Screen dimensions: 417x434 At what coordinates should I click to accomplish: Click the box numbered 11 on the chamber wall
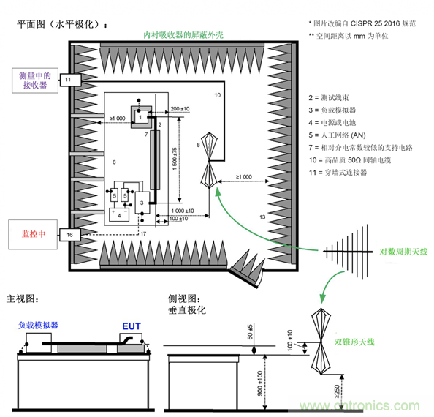click(68, 78)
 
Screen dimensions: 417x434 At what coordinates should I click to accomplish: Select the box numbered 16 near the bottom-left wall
click(68, 234)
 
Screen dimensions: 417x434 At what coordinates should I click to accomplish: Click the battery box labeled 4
click(118, 215)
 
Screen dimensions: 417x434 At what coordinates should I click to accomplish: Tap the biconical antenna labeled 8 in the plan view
click(208, 156)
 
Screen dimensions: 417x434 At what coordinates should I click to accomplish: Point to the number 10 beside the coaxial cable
click(217, 96)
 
